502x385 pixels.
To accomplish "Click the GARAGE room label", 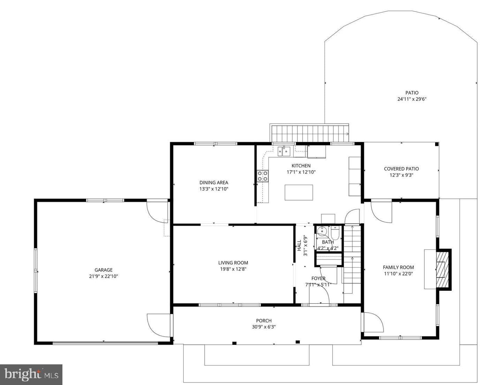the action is [104, 270].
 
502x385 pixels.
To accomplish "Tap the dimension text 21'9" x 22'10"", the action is [104, 276].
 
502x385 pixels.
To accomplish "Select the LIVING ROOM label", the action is [233, 263].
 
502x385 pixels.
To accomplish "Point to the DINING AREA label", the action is [214, 183].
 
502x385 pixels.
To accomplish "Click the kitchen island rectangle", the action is [299, 192].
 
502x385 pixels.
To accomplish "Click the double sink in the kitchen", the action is [284, 152].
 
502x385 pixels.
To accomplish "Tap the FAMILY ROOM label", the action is [398, 267].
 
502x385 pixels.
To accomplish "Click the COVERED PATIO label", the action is [401, 169].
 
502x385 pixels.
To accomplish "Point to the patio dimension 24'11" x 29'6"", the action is [412, 99].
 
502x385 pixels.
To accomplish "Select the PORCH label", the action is [264, 321].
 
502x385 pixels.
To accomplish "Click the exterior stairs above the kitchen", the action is [309, 133].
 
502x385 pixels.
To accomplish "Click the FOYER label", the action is [318, 278].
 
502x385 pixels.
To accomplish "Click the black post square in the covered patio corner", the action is [436, 144].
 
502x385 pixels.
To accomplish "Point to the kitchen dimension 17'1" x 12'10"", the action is [301, 172].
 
